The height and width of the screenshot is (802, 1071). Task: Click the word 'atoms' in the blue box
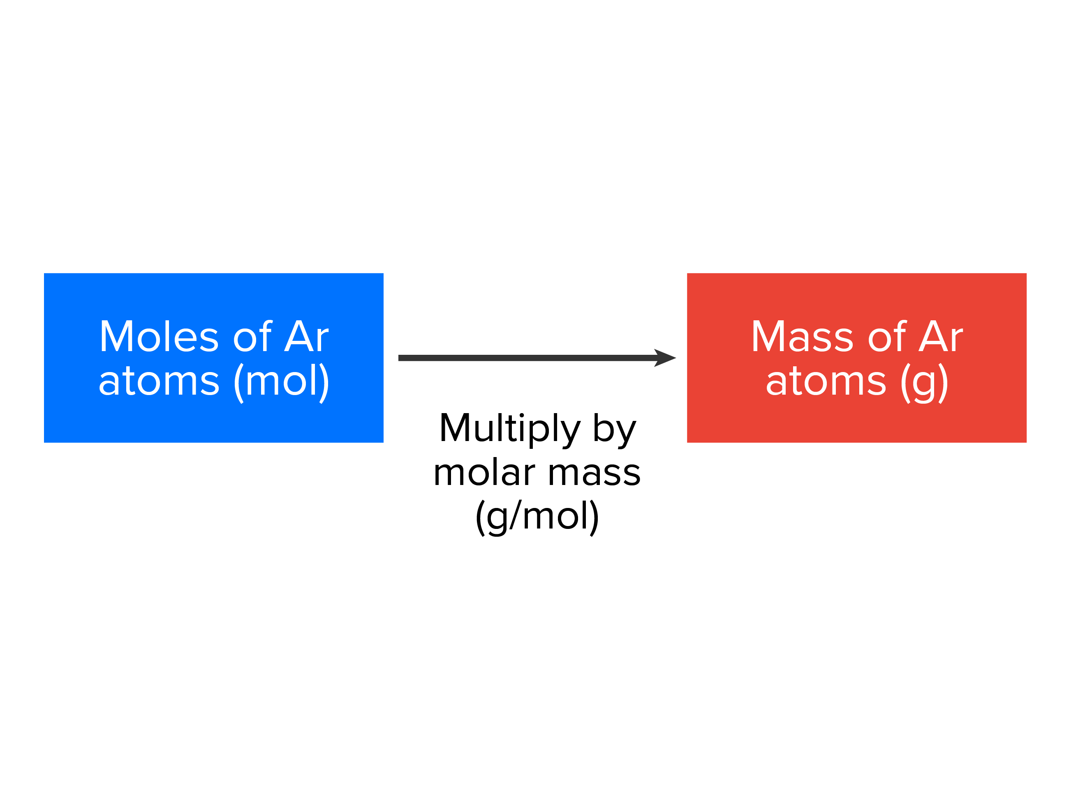tap(159, 381)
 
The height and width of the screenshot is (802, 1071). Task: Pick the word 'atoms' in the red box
tap(826, 381)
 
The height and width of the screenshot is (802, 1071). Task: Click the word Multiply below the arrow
tap(509, 429)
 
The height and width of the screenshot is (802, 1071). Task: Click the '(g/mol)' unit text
tap(537, 517)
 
